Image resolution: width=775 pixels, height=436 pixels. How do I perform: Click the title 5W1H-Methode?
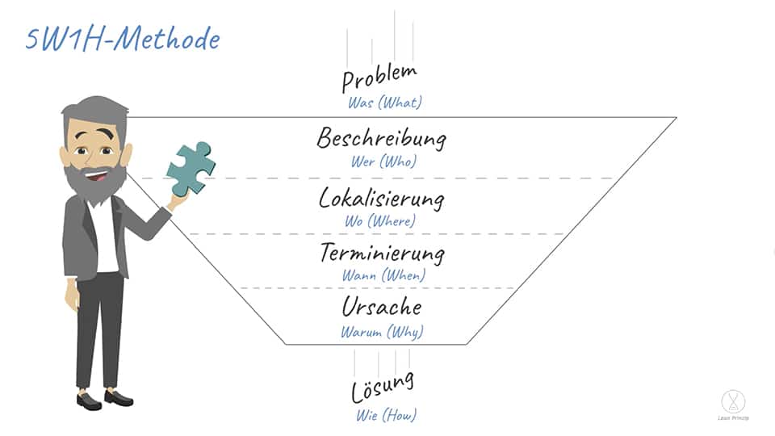coord(123,39)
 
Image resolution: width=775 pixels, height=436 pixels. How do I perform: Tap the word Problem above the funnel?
coord(379,78)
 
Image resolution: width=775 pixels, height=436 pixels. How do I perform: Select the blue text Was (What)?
coord(385,103)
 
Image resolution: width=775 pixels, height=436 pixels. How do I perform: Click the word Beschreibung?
coord(381,138)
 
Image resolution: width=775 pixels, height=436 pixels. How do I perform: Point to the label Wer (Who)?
coord(384,161)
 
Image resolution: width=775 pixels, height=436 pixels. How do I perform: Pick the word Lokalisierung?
coord(381,199)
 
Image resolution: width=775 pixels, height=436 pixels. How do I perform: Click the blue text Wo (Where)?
coord(380,221)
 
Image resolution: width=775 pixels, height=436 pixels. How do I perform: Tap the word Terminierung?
coord(382,254)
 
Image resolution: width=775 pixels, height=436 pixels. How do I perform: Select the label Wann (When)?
coord(383,275)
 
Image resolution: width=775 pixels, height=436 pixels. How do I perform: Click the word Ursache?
coord(382,307)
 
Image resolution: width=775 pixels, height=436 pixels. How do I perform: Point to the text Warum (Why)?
coord(382,332)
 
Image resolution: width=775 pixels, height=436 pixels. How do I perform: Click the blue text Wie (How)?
coord(386,415)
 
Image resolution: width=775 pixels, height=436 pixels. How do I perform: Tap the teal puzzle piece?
coord(191,168)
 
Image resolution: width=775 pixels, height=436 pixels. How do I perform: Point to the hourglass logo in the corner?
coord(734,401)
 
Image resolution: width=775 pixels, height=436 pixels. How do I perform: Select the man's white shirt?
coord(105,237)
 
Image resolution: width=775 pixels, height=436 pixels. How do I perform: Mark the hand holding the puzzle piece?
coord(177,201)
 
